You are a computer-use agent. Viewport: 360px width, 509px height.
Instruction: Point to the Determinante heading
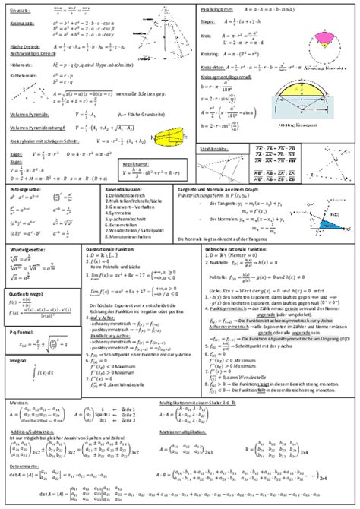pyautogui.click(x=22, y=466)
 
